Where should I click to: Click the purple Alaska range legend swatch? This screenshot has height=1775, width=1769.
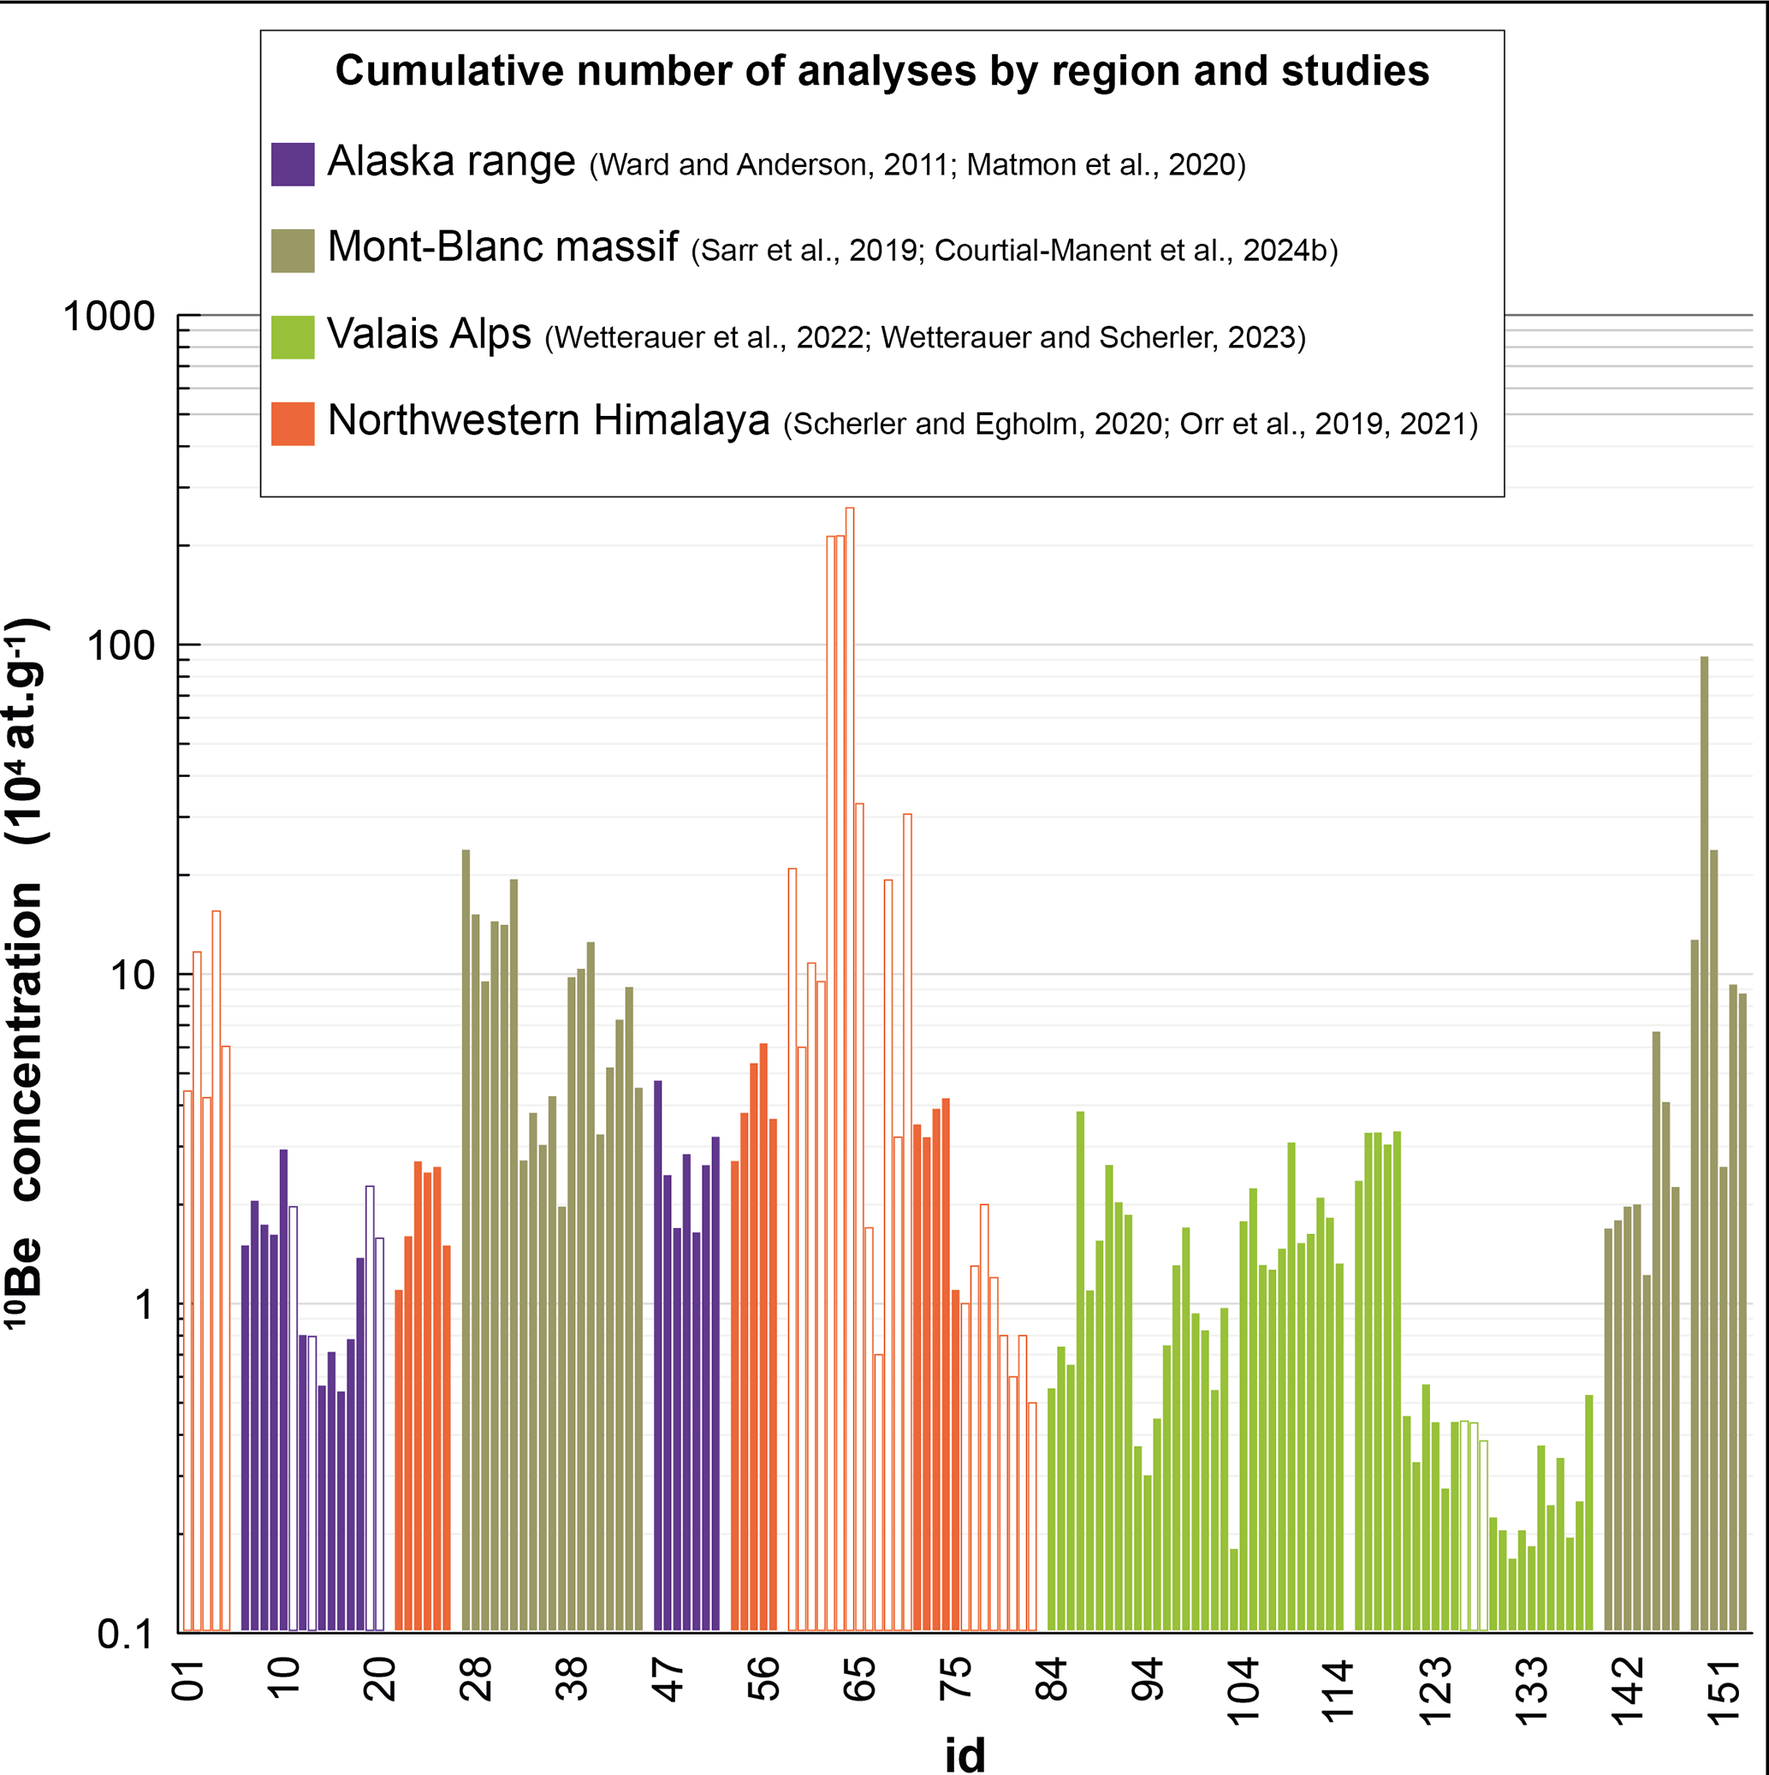coord(292,164)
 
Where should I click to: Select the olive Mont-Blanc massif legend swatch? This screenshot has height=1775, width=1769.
coord(292,251)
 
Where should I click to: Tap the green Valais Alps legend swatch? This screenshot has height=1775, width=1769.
coord(292,337)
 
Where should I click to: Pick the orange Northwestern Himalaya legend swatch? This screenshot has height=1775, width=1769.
coord(292,424)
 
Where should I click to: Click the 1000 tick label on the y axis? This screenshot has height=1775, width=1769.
coord(110,317)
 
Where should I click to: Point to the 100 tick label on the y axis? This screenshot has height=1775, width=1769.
coord(122,646)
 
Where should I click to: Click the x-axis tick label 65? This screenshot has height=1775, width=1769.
coord(860,1680)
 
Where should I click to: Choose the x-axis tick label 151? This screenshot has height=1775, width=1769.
coord(1724,1680)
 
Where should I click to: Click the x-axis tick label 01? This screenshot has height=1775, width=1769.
coord(188,1680)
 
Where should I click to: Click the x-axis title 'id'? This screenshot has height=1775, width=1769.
coord(965,1754)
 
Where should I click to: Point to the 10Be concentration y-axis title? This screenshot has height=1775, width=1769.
coord(26,974)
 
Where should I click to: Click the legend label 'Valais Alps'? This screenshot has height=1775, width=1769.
coord(429,335)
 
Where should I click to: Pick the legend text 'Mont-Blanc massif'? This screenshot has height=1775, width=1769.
coord(502,248)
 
